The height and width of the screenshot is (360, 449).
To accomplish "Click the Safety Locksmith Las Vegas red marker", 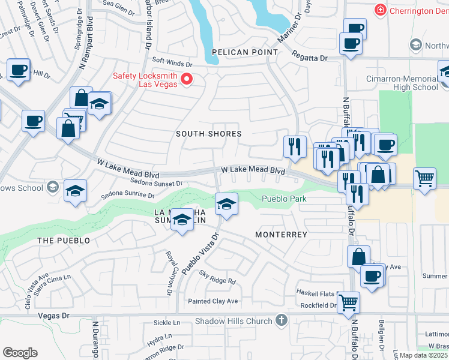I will coord(187,79).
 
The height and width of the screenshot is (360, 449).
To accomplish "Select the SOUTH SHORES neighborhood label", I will coord(208,134).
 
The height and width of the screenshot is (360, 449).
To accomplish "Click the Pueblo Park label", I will coord(284,199).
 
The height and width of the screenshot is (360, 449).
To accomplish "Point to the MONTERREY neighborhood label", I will coord(281,235).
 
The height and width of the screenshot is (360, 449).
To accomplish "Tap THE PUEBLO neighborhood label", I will coord(64,241).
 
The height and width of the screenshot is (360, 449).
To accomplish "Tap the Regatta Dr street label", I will coord(310,58).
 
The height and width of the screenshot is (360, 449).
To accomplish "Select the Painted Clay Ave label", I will coord(212,301).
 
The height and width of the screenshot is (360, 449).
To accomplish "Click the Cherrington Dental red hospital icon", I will coord(379,10).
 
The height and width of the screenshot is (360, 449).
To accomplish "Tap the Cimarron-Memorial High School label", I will coord(402,83).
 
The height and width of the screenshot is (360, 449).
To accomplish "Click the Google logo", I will coord(20,353).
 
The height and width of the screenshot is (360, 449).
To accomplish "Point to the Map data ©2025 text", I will coord(423,355).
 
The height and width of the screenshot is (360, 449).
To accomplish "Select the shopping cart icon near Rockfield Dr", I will coord(348,304).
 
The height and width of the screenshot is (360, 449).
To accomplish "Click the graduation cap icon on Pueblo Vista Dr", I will coord(226,205).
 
